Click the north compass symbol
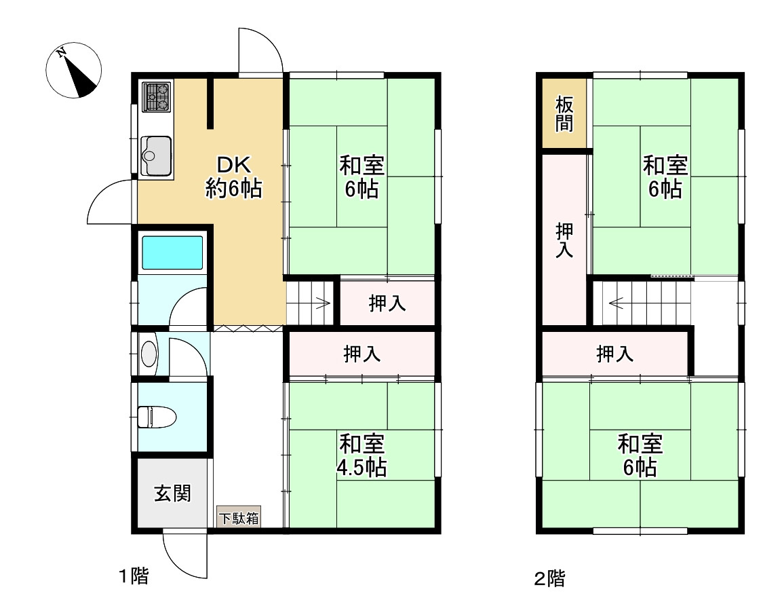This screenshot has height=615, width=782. pos(74,71)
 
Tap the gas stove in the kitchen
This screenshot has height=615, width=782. pos(157,97)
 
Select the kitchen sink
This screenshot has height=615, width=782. pos(156,156)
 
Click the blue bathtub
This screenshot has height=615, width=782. pos(172,253)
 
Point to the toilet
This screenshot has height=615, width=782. pos(157,417)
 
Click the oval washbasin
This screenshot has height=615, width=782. pos(149,354)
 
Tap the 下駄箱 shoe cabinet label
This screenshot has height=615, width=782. pos(239,518)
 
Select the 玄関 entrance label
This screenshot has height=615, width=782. pos(172,493)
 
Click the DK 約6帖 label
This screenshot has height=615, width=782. pos(234,176)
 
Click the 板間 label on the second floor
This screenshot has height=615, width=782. pos(564,114)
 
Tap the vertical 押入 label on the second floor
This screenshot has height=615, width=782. pos(564,240)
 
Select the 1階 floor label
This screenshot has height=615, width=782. pos(134,576)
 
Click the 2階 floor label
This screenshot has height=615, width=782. pos(549,578)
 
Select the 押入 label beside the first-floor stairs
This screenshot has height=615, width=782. pos(387,303)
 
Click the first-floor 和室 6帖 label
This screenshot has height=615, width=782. pos(362,176)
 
